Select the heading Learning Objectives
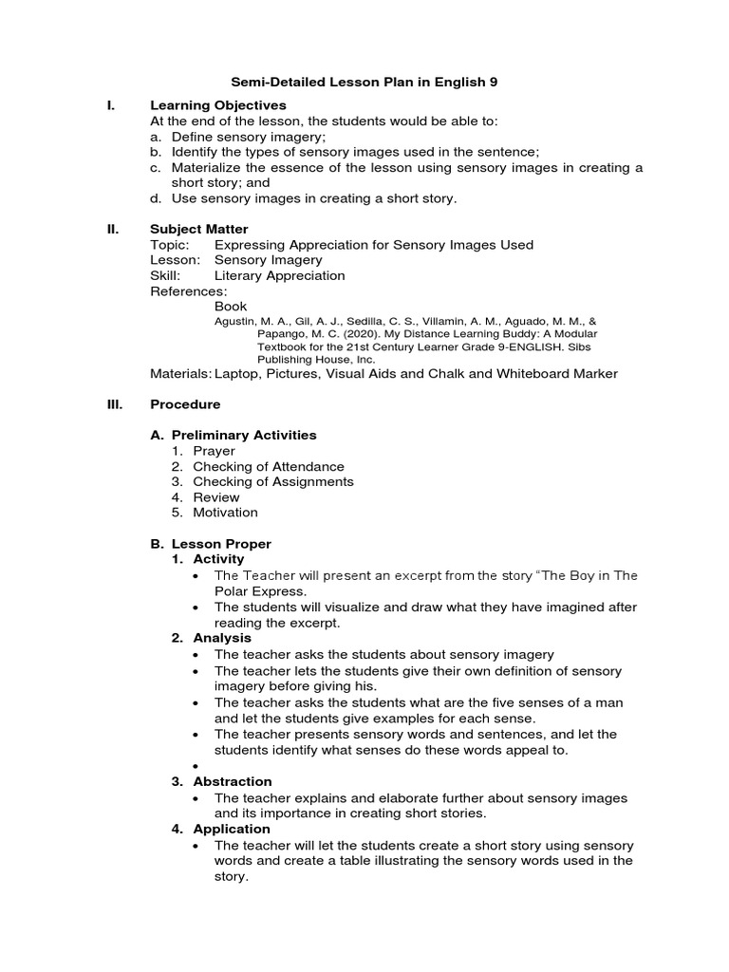218,105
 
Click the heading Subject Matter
199,229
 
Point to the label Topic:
171,245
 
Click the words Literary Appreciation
279,275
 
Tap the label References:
189,290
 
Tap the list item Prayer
214,451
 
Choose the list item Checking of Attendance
269,466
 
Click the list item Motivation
225,513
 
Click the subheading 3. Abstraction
232,782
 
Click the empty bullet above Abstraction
196,766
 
